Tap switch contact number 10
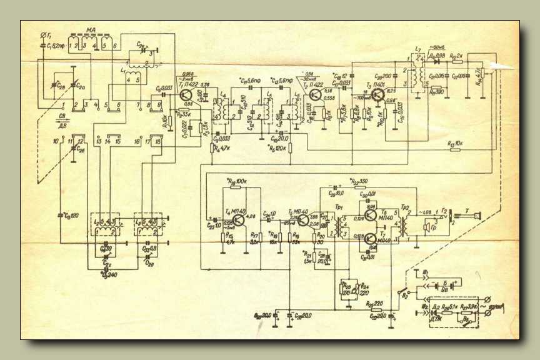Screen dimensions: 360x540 (x=56, y=142)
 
